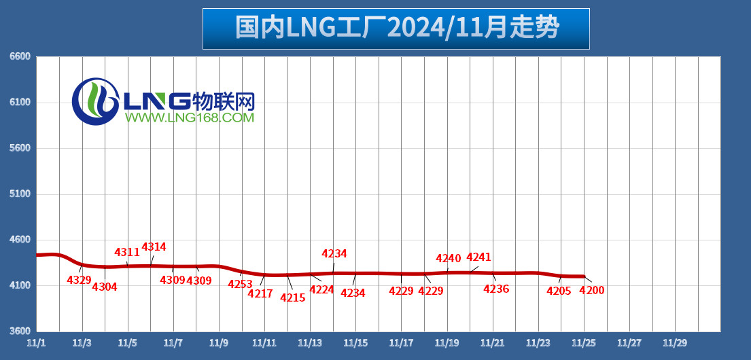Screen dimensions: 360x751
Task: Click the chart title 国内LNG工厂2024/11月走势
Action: [x=396, y=29]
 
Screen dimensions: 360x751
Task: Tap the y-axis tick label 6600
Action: [x=20, y=57]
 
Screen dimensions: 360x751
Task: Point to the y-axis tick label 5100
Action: [x=20, y=194]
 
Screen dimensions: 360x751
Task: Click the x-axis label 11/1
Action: [x=37, y=344]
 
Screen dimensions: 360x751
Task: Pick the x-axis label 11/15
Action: [x=355, y=344]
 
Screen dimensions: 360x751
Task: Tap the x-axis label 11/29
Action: [x=675, y=344]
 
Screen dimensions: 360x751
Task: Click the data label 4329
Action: [x=79, y=280]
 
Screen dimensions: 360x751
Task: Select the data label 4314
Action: [x=154, y=247]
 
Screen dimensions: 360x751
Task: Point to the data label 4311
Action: [x=127, y=253]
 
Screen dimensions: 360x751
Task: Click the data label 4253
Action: [x=240, y=285]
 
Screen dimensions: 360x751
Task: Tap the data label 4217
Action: [x=260, y=294]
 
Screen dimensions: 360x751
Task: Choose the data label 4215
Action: [x=293, y=298]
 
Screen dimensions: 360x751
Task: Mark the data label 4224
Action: [x=321, y=290]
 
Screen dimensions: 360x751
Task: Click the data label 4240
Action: [x=449, y=259]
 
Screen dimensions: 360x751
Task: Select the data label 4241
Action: [x=478, y=257]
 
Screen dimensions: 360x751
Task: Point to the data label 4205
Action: [x=559, y=291]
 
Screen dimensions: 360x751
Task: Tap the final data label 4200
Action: [x=591, y=291]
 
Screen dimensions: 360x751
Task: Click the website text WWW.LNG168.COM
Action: [x=189, y=118]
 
